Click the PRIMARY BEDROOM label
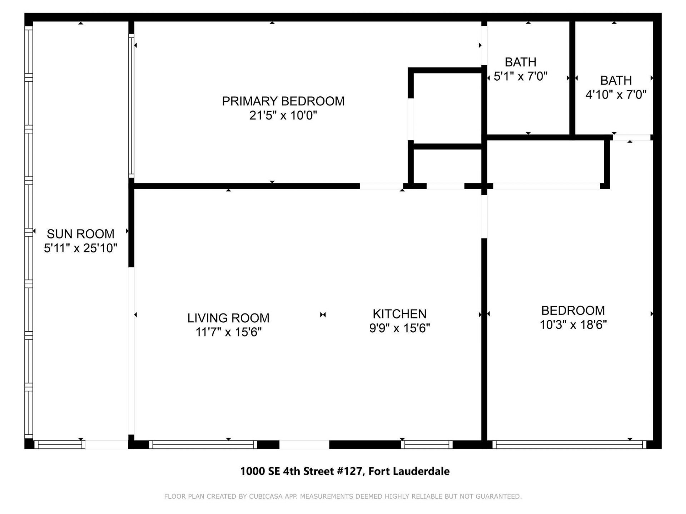pos(283,101)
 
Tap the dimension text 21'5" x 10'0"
pos(283,116)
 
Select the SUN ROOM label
pos(80,234)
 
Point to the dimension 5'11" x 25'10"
pos(80,248)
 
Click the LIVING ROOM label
pos(228,318)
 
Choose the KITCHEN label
pos(399,314)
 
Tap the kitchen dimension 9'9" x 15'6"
pos(399,328)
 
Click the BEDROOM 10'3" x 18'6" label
pos(573,311)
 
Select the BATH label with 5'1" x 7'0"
pos(520,62)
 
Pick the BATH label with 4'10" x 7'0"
pos(616,81)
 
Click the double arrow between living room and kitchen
pos(323,315)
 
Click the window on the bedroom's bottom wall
pos(569,445)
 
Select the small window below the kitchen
pos(426,445)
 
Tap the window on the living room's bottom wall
pos(203,445)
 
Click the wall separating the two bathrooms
pos(572,79)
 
